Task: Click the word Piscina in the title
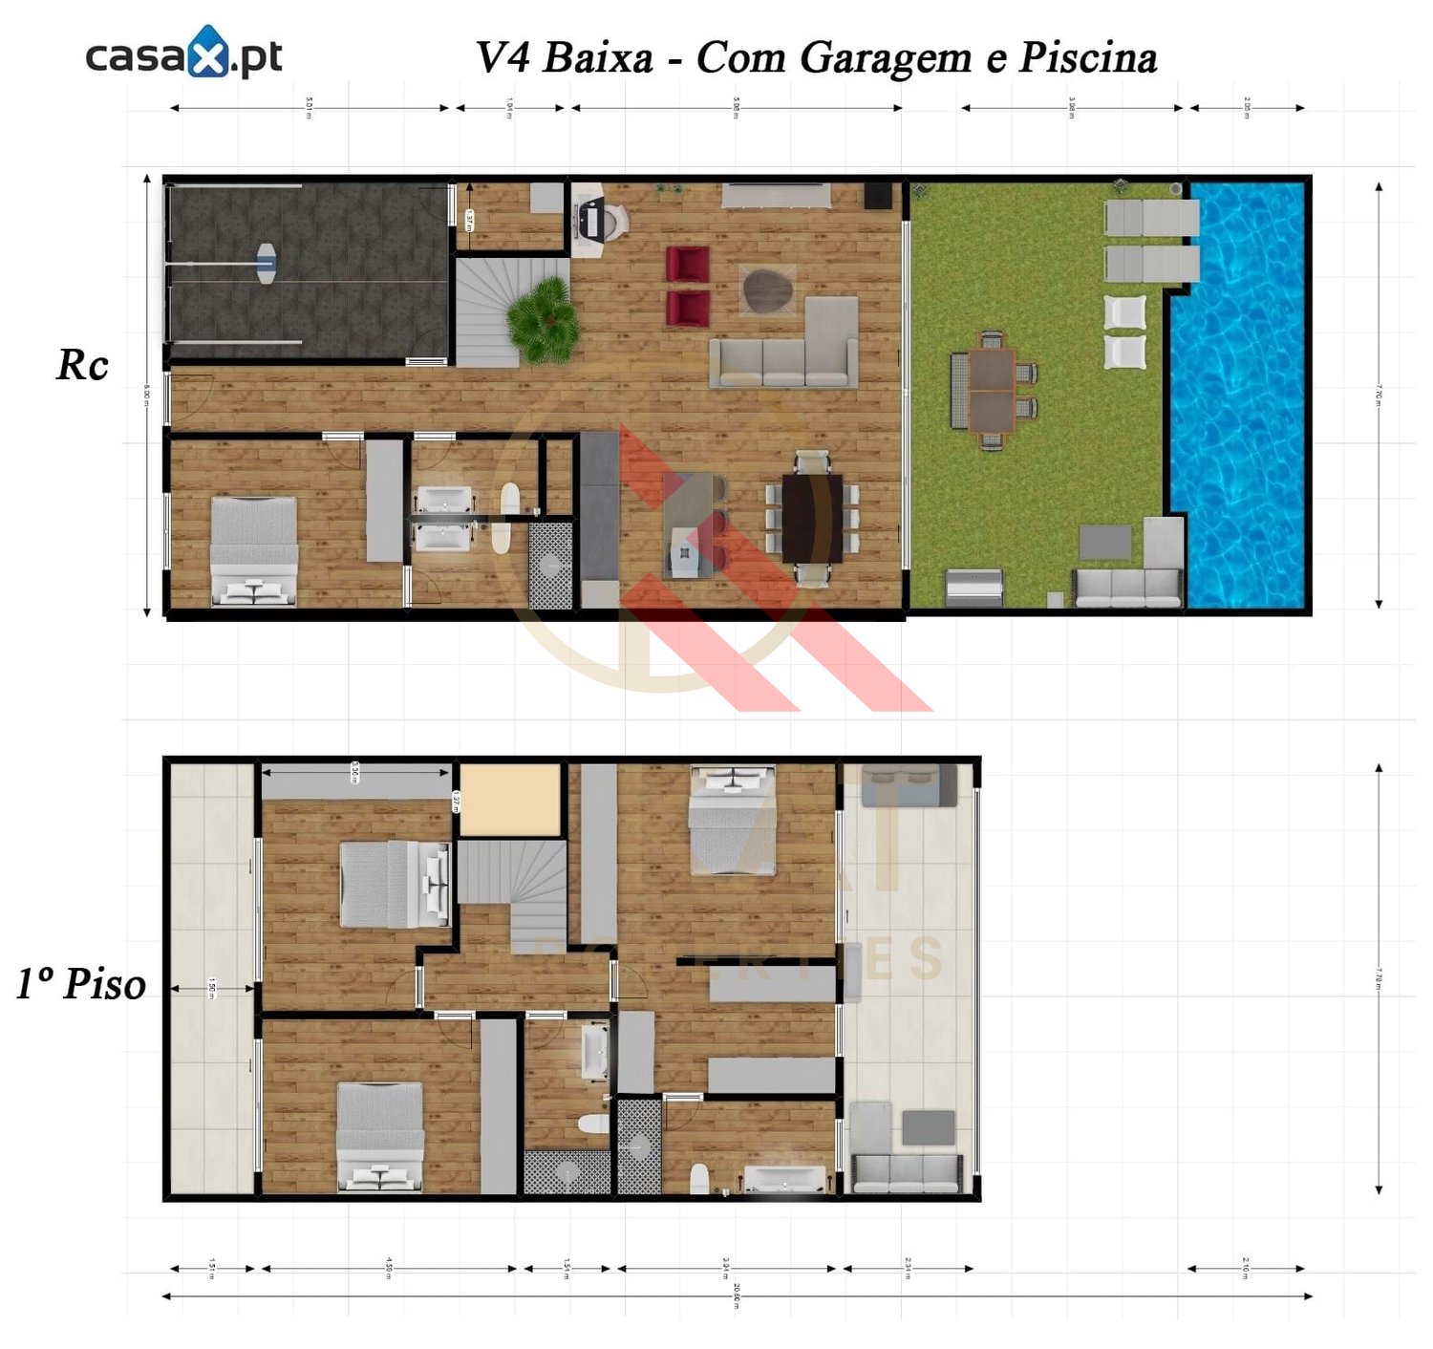click(x=1087, y=57)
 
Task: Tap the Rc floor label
click(x=82, y=365)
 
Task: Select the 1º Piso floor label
click(x=81, y=984)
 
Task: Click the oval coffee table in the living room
click(x=767, y=289)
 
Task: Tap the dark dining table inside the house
click(x=811, y=519)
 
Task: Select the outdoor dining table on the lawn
click(x=992, y=390)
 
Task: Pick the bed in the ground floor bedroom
click(x=253, y=551)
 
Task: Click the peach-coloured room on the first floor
click(x=509, y=800)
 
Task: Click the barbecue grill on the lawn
click(x=973, y=585)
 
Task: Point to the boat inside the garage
click(x=266, y=262)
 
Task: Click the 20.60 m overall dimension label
click(x=737, y=1295)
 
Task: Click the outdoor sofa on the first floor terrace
click(x=907, y=1173)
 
